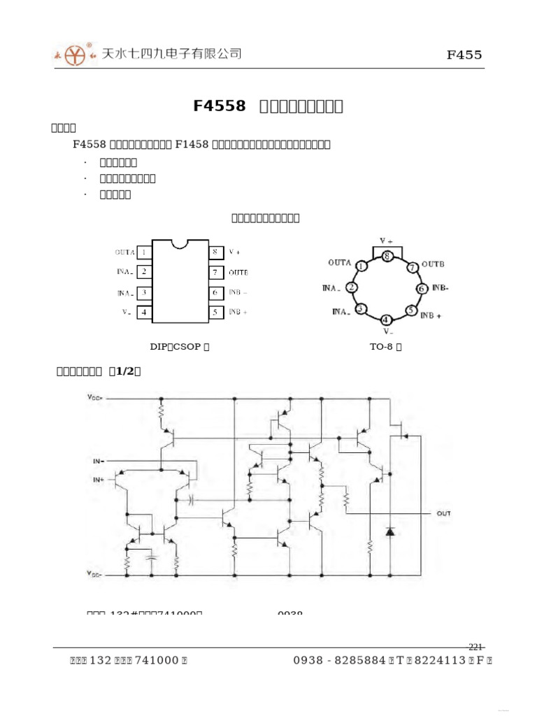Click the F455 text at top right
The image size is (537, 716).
[x=464, y=55]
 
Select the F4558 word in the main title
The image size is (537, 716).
[x=220, y=106]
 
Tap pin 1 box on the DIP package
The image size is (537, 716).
[x=143, y=252]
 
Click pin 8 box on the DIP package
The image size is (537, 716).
[x=216, y=252]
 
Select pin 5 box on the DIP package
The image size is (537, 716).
[x=216, y=312]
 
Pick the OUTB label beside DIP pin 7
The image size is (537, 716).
[x=238, y=272]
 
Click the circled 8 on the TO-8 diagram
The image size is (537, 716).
[x=387, y=256]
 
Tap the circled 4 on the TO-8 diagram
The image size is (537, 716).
[x=387, y=320]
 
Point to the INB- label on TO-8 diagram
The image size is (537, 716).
[x=440, y=287]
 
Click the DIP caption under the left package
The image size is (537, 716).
[x=180, y=346]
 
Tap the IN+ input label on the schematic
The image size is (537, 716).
[x=97, y=480]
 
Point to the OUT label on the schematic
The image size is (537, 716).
[x=444, y=513]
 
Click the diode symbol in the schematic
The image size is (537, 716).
[x=390, y=531]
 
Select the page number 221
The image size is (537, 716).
[x=475, y=646]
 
